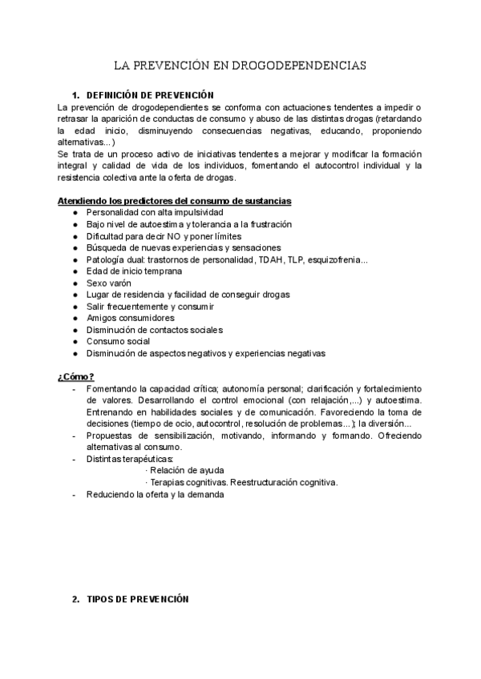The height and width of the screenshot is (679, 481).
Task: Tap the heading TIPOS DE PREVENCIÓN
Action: point(137,599)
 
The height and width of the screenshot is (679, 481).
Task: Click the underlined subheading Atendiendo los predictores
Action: point(175,200)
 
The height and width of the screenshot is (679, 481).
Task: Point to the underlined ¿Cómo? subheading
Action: point(76,376)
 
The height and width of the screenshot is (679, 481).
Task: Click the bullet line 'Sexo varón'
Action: point(110,283)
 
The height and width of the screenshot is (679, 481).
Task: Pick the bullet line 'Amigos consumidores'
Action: point(130,318)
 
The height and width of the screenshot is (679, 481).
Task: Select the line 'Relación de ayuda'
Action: point(187,470)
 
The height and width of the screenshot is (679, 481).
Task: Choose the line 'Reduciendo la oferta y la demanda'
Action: point(156,494)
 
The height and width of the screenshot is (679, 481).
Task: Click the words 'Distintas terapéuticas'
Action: point(129,459)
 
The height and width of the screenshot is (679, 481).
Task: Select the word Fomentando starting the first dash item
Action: point(112,388)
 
